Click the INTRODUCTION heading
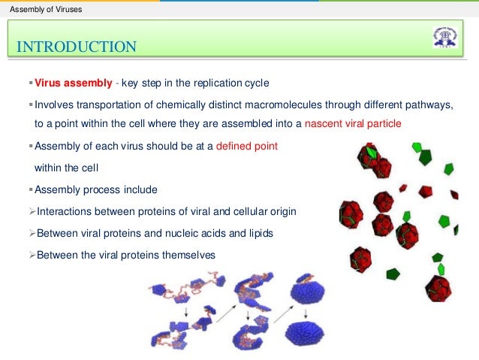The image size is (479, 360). point(77,47)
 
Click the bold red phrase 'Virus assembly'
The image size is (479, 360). point(74,83)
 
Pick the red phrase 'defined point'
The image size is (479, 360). point(246,146)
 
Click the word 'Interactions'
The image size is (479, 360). point(66,212)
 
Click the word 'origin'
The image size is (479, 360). point(282,212)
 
